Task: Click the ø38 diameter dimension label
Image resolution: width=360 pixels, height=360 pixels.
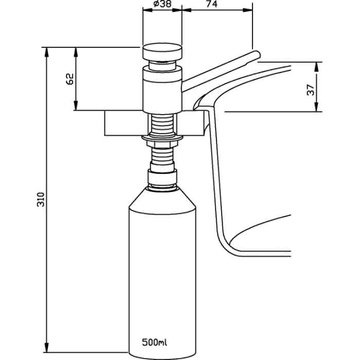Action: (163, 4)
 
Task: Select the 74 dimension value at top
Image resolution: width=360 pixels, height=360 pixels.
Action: (211, 4)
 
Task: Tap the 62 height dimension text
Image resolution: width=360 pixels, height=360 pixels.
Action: (70, 79)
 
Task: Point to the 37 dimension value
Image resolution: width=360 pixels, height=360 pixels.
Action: (311, 90)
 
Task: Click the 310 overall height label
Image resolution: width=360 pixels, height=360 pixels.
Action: (41, 200)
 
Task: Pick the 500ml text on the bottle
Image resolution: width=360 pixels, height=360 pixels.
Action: (154, 343)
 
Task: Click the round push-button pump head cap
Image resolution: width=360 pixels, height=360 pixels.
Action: (163, 52)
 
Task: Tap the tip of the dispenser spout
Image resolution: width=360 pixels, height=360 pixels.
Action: (259, 55)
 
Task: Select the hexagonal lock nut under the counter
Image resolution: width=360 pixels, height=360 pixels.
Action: (163, 145)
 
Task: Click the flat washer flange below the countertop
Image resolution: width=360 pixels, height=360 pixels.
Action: (163, 138)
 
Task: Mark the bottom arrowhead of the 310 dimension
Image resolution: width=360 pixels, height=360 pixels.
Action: (47, 347)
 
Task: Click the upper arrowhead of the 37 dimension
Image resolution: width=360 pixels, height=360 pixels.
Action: (316, 67)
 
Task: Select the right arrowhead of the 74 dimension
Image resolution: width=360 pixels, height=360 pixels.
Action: (247, 10)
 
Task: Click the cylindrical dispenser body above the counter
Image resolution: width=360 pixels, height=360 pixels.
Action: (163, 90)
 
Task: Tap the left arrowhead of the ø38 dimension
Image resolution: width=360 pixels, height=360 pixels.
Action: (148, 10)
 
